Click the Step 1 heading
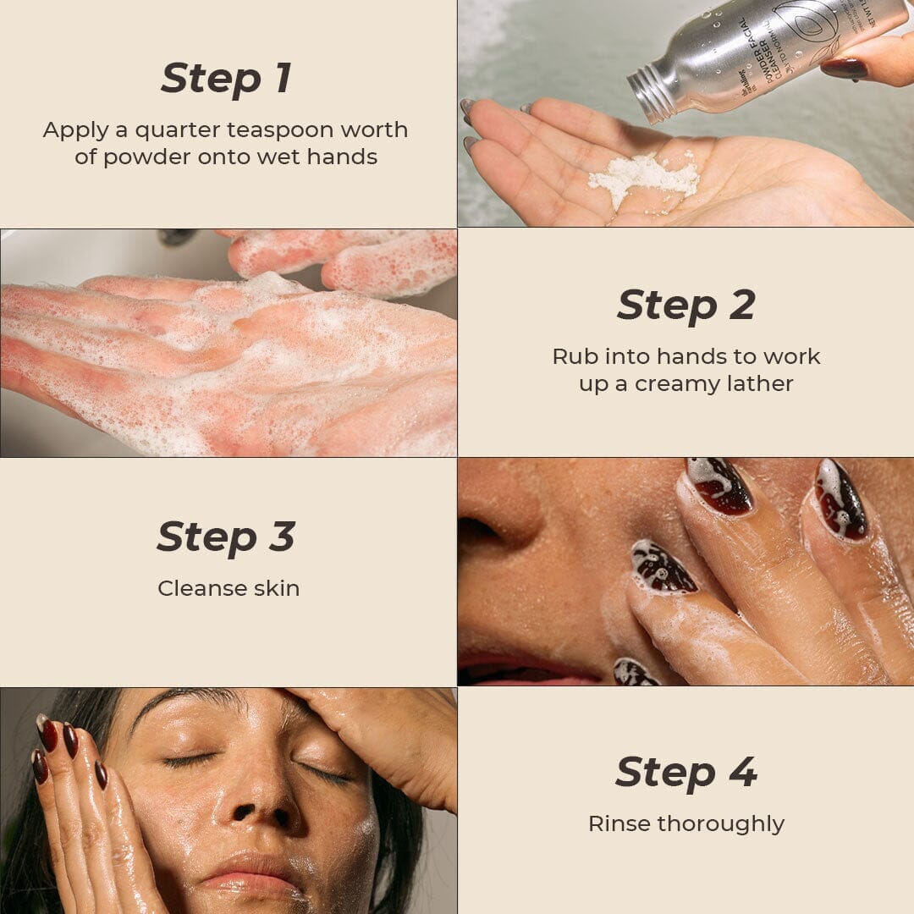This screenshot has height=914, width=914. tap(226, 79)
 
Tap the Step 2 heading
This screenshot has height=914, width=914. tap(685, 306)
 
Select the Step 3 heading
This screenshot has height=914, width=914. tap(226, 537)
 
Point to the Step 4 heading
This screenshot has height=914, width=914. tap(685, 772)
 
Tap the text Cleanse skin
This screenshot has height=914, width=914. tap(228, 588)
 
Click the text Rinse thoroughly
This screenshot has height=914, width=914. tap(685, 823)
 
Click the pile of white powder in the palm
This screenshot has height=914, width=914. tap(643, 178)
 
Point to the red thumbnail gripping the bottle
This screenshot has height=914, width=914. tap(844, 68)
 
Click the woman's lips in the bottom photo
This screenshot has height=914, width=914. tap(254, 876)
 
